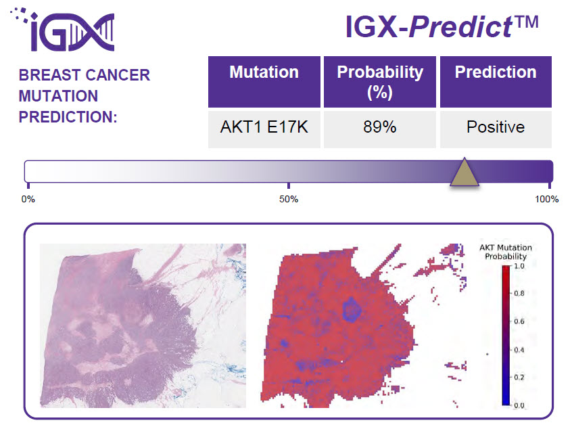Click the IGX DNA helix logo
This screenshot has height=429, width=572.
pos(65,30)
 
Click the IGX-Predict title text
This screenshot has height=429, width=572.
pos(442,27)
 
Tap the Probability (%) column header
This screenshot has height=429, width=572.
pos(380,81)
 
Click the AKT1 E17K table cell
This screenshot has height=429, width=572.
pos(264,127)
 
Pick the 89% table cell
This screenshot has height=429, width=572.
pos(380,127)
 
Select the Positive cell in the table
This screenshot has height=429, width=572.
pos(496,127)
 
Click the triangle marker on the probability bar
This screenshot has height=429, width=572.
pos(464,174)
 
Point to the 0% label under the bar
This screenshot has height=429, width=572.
pos(28,200)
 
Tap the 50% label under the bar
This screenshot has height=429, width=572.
pos(289,200)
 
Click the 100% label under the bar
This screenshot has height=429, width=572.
pos(547,200)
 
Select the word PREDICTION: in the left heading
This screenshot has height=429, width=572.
pos(68,116)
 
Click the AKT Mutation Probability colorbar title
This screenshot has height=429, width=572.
pos(505,252)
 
